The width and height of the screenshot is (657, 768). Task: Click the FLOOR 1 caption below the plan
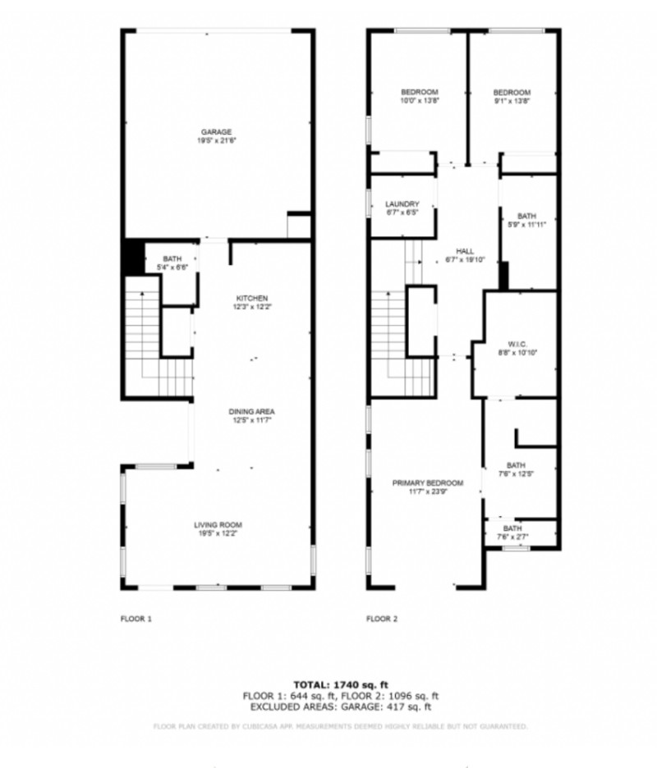click(136, 619)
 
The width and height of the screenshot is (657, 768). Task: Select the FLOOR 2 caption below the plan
click(382, 619)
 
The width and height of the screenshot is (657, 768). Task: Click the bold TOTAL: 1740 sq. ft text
click(340, 683)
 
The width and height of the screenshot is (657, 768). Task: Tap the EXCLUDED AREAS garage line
click(340, 706)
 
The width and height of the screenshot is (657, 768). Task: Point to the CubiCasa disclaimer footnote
click(340, 726)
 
